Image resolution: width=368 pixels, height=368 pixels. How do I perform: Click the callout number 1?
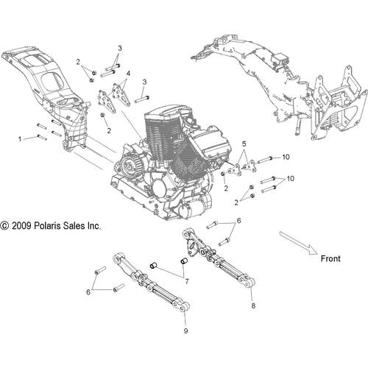click(x=20, y=139)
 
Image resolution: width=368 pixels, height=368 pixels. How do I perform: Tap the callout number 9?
click(x=185, y=330)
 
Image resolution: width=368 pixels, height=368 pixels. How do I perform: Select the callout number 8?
click(x=253, y=305)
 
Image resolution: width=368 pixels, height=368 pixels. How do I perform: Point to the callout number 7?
click(x=187, y=282)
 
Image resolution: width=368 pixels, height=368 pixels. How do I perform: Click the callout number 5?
click(x=244, y=144)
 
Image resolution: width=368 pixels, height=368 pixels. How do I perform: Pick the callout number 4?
click(x=128, y=74)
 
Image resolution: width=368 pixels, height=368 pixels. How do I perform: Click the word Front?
click(x=330, y=258)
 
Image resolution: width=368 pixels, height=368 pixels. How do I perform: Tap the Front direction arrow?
click(x=299, y=243)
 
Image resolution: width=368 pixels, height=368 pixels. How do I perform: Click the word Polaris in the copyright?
click(x=47, y=226)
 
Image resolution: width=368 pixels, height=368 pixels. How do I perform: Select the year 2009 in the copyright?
click(x=21, y=226)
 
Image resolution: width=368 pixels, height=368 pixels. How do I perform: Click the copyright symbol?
click(x=4, y=226)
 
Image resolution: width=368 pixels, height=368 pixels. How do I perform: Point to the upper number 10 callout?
click(x=286, y=157)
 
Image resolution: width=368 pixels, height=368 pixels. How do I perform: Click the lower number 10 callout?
click(x=290, y=179)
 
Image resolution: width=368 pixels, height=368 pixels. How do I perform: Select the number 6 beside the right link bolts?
click(x=238, y=221)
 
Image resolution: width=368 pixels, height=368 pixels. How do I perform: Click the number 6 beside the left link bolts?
click(x=88, y=292)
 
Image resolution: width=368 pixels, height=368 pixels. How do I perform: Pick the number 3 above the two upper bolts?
click(x=120, y=49)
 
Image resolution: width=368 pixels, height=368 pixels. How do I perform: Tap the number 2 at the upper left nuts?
click(x=78, y=62)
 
